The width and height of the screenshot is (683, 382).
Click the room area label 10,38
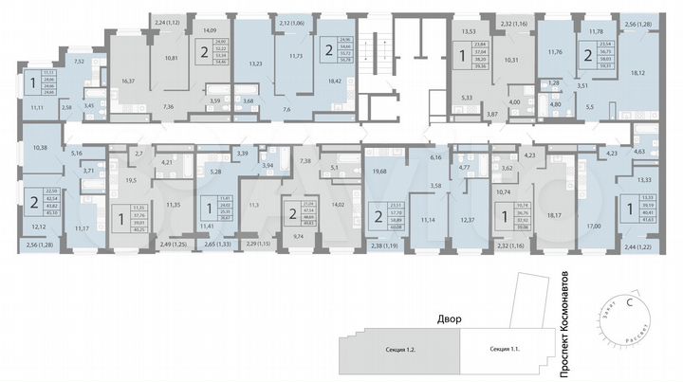[40, 148]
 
